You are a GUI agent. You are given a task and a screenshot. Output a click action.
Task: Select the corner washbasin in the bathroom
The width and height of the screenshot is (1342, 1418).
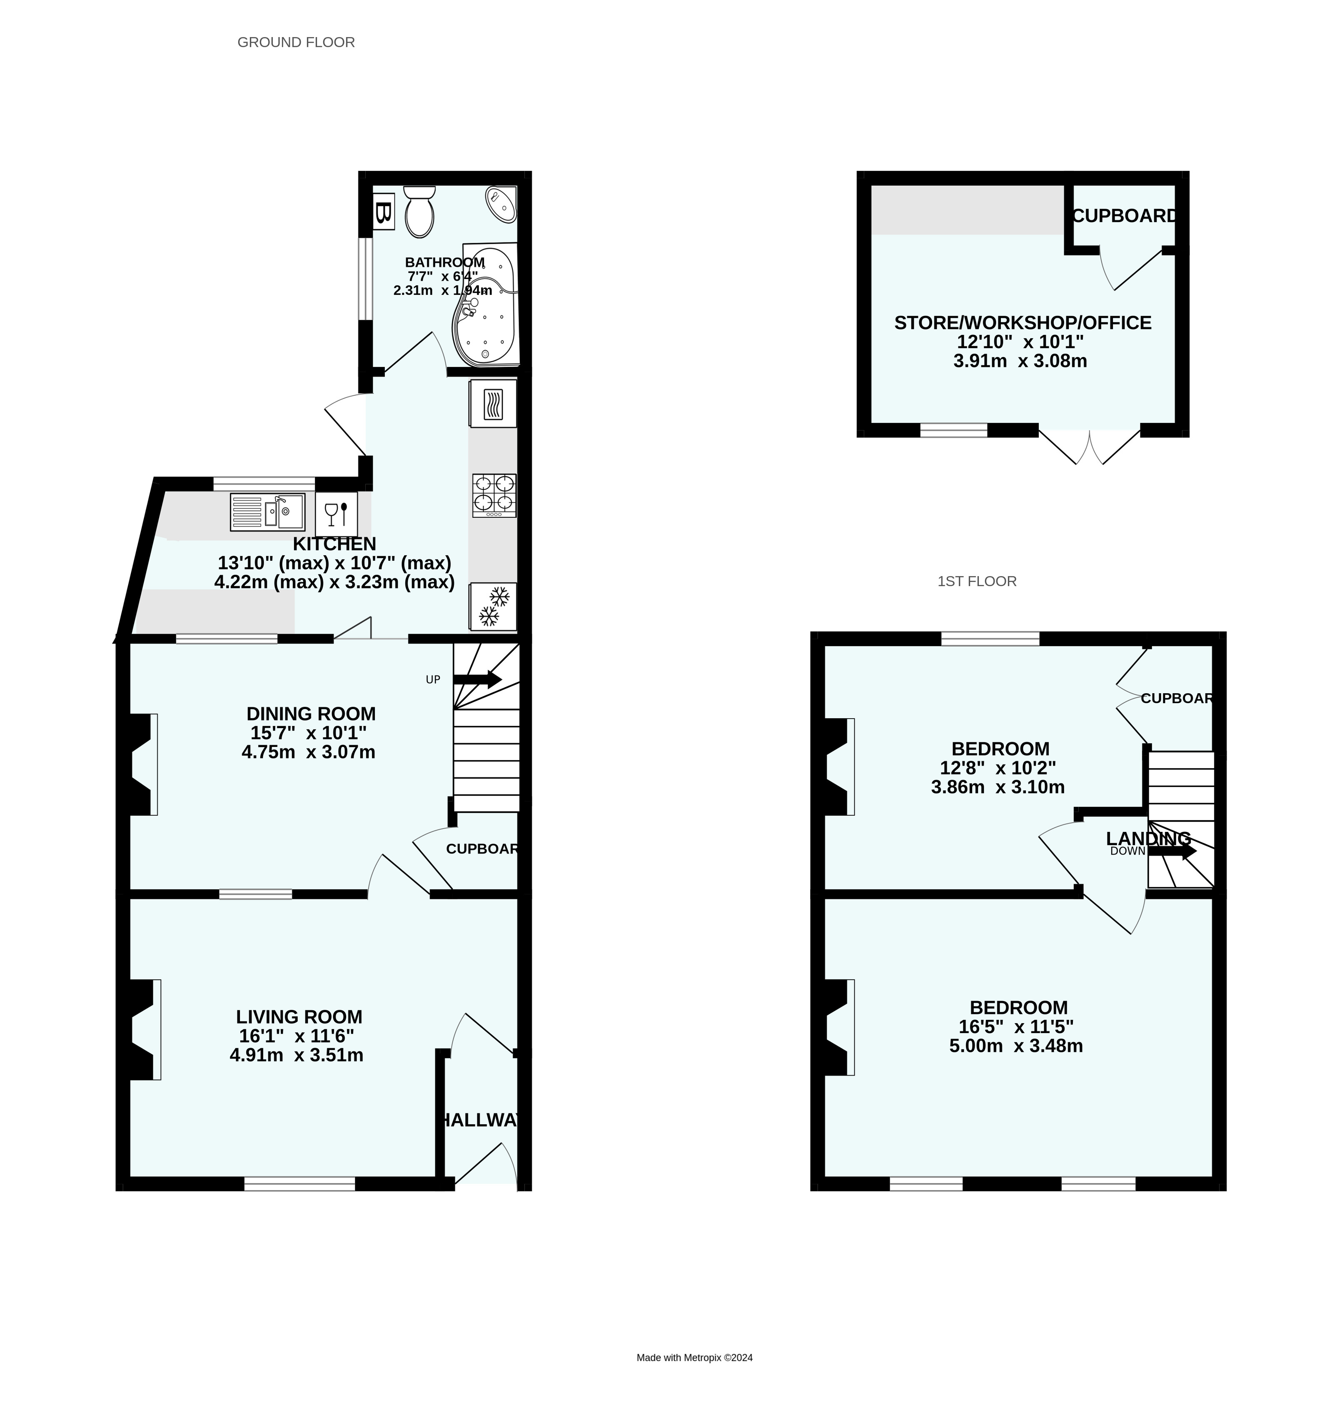click(501, 203)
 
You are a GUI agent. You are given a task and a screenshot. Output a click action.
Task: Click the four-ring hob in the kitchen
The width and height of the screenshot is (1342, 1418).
click(494, 495)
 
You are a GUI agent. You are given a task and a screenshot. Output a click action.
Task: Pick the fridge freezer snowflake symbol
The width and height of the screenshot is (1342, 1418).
click(493, 606)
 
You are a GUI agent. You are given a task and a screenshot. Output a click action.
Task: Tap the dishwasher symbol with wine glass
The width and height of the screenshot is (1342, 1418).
click(336, 514)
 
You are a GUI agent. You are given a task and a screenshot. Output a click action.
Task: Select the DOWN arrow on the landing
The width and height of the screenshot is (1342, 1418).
click(1172, 851)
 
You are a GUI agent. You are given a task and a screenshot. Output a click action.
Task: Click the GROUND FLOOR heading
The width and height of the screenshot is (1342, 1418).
click(296, 42)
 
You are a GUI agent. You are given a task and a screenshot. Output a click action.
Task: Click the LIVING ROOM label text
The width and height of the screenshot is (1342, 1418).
click(299, 1017)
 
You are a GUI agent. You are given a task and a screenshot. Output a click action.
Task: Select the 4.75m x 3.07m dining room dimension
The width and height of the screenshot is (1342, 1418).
click(308, 752)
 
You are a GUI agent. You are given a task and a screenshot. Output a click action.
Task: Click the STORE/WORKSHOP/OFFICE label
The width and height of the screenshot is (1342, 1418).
click(1022, 323)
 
